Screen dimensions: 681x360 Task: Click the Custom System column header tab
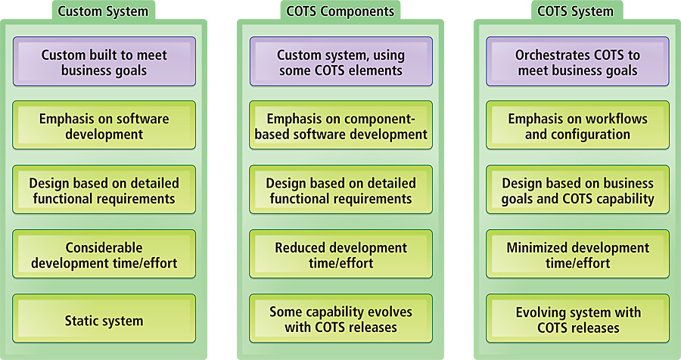click(x=104, y=11)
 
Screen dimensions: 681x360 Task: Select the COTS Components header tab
click(x=340, y=11)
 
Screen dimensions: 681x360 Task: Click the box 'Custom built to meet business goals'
click(x=104, y=61)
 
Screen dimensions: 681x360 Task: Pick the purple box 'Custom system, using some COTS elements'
click(x=341, y=61)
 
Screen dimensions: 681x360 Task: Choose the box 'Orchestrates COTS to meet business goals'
click(x=577, y=61)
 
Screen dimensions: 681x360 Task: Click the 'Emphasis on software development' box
click(x=104, y=125)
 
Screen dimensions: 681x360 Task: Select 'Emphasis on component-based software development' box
click(x=341, y=125)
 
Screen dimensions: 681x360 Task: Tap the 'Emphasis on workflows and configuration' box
click(x=577, y=125)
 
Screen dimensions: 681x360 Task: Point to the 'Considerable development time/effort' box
click(x=104, y=254)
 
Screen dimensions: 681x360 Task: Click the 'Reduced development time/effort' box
click(x=341, y=254)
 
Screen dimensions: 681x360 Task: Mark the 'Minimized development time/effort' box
click(x=577, y=254)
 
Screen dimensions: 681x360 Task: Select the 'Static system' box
click(x=104, y=318)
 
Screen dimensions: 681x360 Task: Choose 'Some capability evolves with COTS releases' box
click(x=341, y=318)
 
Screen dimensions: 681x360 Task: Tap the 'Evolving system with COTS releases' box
click(x=577, y=318)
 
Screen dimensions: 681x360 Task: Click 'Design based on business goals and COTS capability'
click(x=577, y=189)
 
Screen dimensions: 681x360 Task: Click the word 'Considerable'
click(x=104, y=247)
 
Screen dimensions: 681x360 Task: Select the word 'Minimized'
click(x=536, y=247)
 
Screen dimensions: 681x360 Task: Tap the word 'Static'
click(x=80, y=321)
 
